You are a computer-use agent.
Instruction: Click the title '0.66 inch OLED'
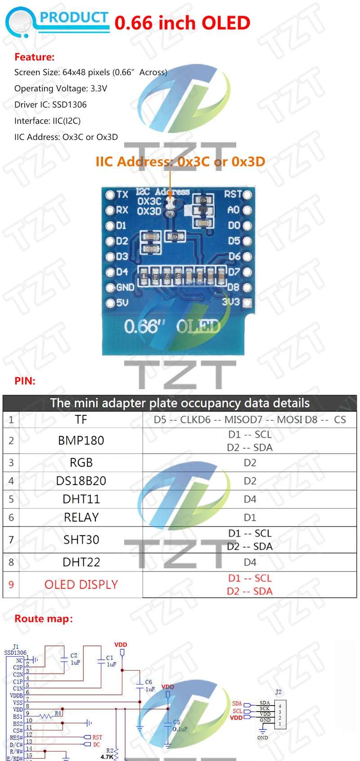click(x=182, y=23)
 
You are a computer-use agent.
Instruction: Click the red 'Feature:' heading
click(x=34, y=57)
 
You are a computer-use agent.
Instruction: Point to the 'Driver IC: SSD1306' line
click(x=50, y=105)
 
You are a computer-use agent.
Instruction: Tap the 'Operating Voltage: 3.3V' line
click(x=61, y=89)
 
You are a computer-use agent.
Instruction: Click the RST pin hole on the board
click(x=247, y=194)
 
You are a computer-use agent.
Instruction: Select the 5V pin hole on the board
click(x=110, y=303)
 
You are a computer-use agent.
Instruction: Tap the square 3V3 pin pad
click(x=247, y=303)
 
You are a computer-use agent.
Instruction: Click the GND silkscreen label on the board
click(x=125, y=287)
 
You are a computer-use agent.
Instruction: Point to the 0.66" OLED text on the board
click(x=172, y=326)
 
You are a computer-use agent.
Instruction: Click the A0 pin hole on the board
click(x=247, y=210)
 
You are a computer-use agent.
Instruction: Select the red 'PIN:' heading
click(x=25, y=381)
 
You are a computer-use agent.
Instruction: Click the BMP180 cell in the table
click(x=81, y=441)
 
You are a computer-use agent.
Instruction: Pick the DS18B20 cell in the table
click(x=81, y=481)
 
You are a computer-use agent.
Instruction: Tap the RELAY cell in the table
click(x=81, y=518)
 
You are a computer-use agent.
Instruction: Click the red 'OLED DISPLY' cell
click(x=81, y=585)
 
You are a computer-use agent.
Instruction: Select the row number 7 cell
click(x=11, y=540)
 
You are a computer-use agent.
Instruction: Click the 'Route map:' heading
click(x=44, y=619)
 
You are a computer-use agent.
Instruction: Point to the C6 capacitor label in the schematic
click(x=148, y=682)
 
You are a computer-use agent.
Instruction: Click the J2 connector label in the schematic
click(x=278, y=692)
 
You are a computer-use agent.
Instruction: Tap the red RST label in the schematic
click(x=97, y=738)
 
